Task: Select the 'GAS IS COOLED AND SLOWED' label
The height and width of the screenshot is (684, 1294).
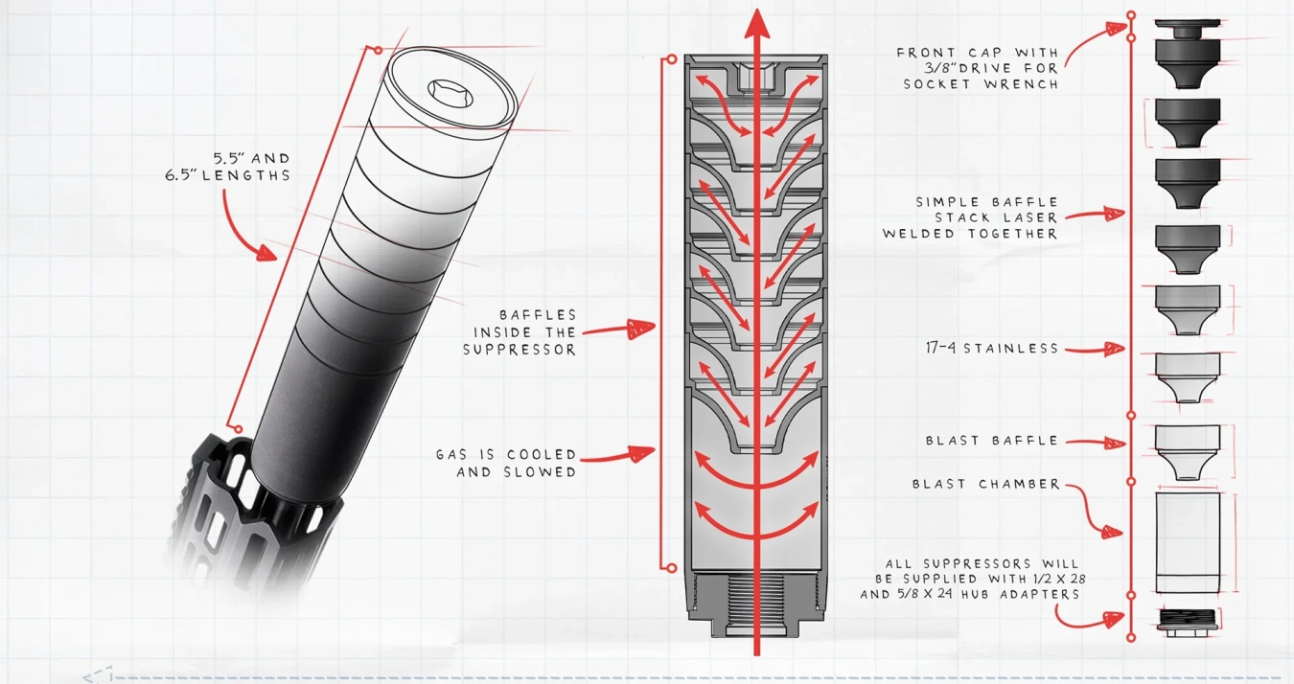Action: [506, 463]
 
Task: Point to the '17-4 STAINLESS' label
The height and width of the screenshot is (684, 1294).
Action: [992, 349]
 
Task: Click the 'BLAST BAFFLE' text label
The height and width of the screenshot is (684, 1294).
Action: [991, 441]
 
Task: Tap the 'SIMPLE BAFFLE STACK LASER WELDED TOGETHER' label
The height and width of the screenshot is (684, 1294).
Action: [970, 217]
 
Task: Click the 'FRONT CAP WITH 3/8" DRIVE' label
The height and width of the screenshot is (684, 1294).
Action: [978, 68]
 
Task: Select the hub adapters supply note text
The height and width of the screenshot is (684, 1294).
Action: [972, 579]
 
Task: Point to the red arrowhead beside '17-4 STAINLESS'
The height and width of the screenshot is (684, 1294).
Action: [1113, 350]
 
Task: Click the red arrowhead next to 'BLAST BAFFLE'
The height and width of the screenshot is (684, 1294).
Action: [1114, 443]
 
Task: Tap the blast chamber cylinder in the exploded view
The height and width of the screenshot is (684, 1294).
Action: [1188, 542]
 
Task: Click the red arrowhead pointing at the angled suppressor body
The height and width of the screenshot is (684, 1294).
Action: [266, 252]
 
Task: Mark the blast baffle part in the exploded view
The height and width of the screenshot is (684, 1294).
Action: [1188, 451]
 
